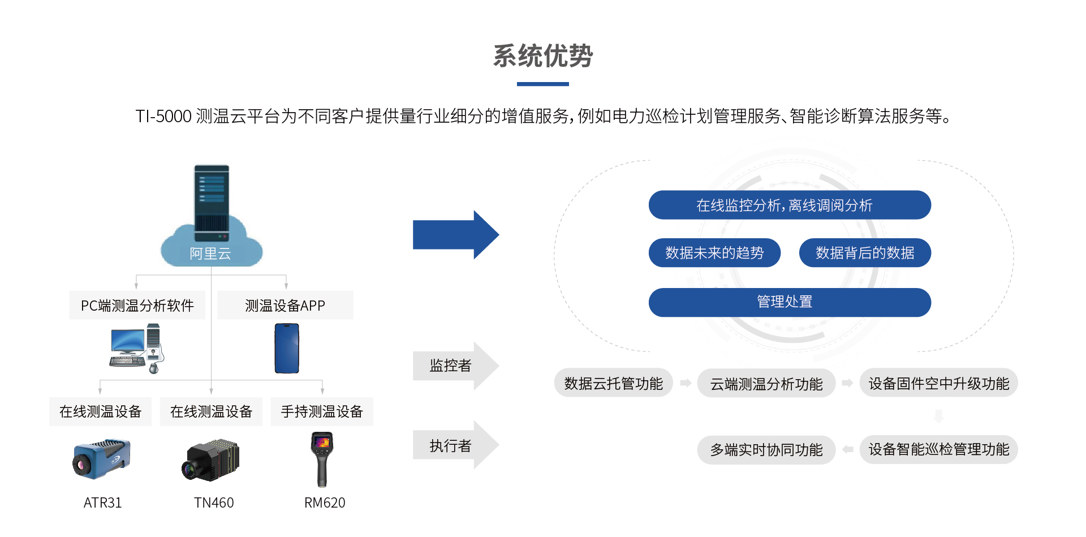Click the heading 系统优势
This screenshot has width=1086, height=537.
[542, 56]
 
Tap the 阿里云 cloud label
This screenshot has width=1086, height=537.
[210, 254]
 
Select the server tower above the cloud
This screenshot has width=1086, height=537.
[212, 202]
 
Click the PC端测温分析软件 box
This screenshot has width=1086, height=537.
[137, 306]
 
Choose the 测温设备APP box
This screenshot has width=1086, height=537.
[285, 306]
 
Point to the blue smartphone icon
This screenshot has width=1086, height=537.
[287, 349]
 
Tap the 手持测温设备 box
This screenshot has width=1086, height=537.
[322, 411]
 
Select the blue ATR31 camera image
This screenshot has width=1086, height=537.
[102, 458]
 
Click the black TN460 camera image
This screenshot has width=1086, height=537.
[211, 459]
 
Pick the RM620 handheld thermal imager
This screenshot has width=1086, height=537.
[322, 459]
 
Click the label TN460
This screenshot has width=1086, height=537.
[214, 502]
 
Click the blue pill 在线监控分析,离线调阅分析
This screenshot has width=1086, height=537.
[789, 205]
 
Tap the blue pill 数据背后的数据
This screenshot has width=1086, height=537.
[864, 253]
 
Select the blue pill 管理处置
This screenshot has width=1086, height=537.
[789, 302]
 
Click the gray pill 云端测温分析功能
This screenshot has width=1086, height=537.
[766, 384]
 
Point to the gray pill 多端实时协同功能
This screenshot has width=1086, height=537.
[766, 450]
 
